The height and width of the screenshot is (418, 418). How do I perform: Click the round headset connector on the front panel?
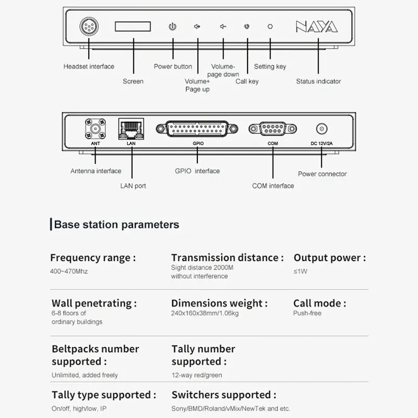88,26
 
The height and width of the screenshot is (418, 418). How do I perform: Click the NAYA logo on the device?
317,27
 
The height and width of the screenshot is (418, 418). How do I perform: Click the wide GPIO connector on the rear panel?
196,129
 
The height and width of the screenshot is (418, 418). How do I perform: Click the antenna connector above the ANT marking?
95,129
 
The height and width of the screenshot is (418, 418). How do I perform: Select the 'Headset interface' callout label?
89,66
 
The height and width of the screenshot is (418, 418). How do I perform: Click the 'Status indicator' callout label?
318,81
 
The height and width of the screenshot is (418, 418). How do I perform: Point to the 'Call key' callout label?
247,81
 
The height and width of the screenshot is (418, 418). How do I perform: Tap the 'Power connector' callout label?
322,174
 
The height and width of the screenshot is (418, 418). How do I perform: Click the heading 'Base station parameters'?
117,225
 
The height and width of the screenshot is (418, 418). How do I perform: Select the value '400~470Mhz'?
69,272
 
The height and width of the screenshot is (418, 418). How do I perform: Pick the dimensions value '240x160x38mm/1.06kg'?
205,313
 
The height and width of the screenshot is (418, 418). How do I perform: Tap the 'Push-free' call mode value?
307,313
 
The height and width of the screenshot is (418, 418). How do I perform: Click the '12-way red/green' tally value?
196,375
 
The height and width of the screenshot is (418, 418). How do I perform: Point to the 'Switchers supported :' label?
224,395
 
